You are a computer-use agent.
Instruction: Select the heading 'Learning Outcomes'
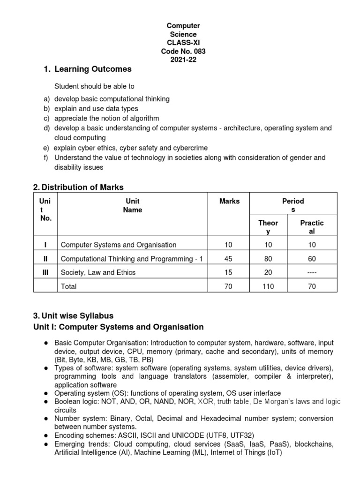(93, 69)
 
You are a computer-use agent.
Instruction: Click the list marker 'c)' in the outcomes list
(46, 118)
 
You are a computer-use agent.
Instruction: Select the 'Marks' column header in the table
(229, 201)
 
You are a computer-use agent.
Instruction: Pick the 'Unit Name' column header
(132, 205)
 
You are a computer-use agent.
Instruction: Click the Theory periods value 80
(269, 259)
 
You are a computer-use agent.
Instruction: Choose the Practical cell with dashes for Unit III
(312, 272)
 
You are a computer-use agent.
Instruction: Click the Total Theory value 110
(269, 286)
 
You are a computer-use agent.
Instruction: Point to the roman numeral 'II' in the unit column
(45, 259)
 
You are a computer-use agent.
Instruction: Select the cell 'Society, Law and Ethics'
(98, 272)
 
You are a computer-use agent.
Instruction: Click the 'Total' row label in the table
(69, 286)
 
